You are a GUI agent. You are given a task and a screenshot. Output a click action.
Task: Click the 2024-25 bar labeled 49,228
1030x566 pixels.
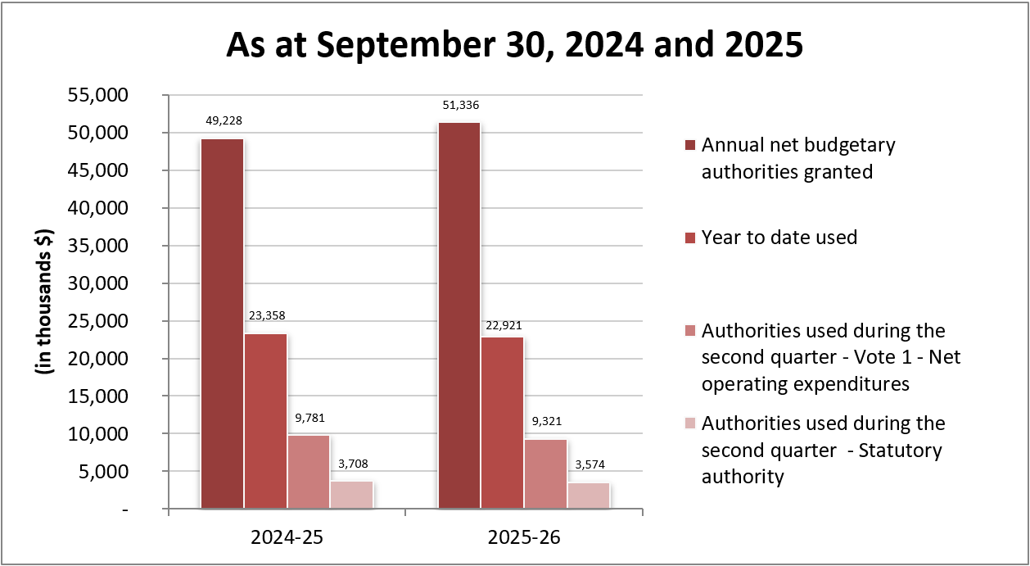(222, 324)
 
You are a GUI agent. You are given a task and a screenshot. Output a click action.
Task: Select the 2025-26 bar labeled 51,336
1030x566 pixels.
(459, 315)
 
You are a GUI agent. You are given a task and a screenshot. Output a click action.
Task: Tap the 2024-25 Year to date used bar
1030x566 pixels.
(265, 421)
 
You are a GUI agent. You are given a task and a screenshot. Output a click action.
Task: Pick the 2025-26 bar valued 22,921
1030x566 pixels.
(502, 423)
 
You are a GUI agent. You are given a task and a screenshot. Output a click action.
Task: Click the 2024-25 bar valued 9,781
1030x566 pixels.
(309, 472)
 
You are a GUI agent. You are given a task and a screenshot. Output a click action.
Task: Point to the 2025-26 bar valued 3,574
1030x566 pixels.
(589, 496)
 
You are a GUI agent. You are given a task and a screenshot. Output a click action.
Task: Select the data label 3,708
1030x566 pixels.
(352, 464)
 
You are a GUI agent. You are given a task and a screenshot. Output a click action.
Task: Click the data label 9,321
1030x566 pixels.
(545, 422)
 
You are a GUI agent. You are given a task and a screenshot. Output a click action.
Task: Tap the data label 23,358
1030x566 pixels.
(265, 315)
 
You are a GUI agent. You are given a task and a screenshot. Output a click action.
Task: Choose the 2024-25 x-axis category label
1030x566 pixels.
(287, 538)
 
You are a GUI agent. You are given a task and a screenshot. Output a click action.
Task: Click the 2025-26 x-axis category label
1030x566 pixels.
(524, 538)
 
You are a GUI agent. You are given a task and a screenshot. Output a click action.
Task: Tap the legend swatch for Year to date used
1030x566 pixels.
(689, 238)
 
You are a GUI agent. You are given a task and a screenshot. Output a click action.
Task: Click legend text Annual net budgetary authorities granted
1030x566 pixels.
(798, 158)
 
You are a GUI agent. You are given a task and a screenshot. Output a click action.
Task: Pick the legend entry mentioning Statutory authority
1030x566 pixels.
(823, 450)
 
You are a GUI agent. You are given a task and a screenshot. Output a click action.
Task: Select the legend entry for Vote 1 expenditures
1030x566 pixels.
(823, 357)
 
